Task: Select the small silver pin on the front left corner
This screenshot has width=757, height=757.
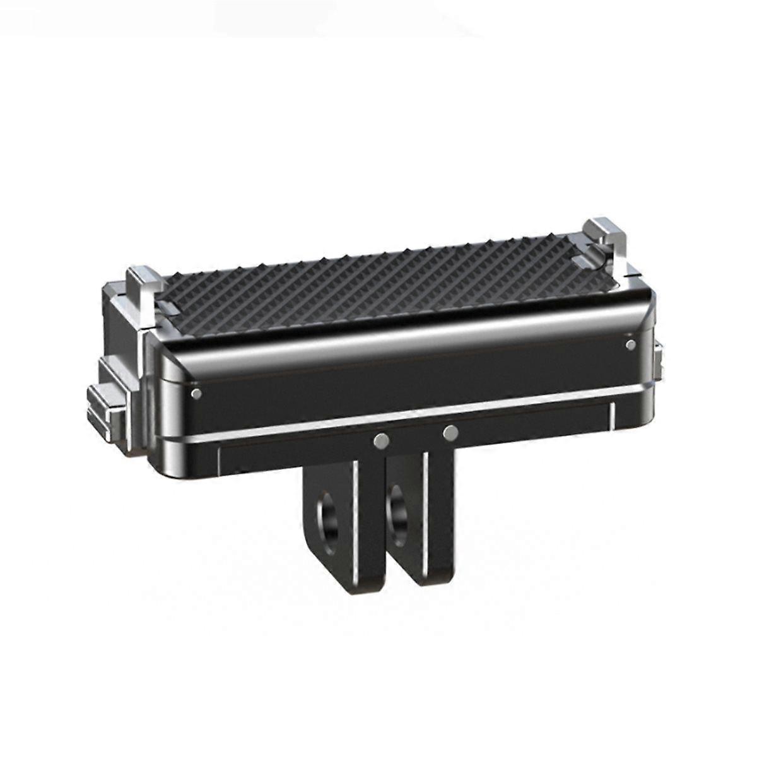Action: [x=196, y=394]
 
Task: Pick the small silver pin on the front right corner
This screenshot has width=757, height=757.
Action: [x=630, y=344]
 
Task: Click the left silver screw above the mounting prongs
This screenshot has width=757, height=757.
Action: [x=380, y=441]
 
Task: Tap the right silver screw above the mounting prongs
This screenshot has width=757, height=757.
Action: [x=450, y=433]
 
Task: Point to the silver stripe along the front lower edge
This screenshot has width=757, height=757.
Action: [x=404, y=419]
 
